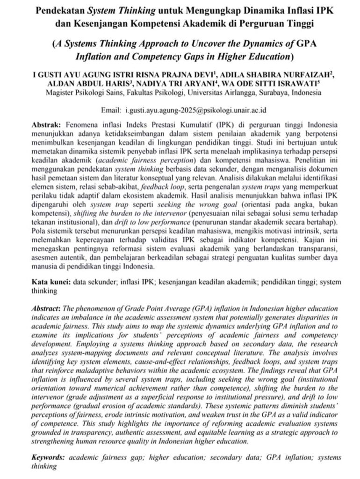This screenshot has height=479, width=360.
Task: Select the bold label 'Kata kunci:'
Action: click(51, 283)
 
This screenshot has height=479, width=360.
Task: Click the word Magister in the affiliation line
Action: click(59, 93)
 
